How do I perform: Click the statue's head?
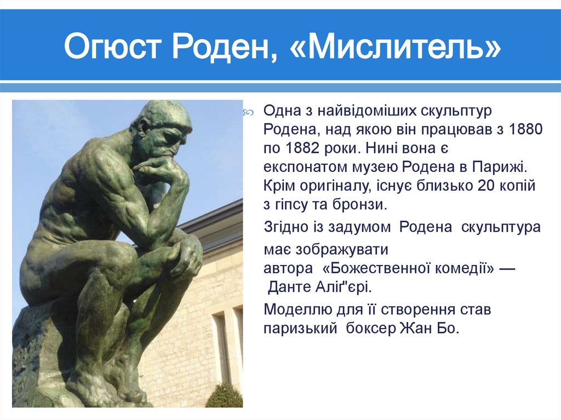point(164,125)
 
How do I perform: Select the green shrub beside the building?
point(225,395)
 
